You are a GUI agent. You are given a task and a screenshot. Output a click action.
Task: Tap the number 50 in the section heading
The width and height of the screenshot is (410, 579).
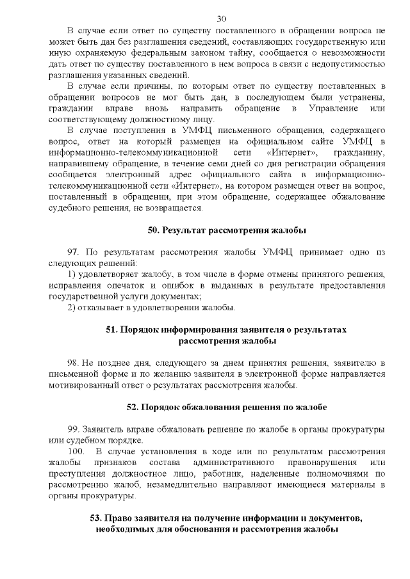[154, 230]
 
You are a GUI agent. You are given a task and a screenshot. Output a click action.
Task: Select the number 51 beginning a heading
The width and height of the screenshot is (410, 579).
[110, 329]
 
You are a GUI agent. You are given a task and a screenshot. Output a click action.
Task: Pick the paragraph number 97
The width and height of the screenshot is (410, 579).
[74, 251]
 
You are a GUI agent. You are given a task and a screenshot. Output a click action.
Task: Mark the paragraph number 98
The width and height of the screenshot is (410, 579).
[73, 363]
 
